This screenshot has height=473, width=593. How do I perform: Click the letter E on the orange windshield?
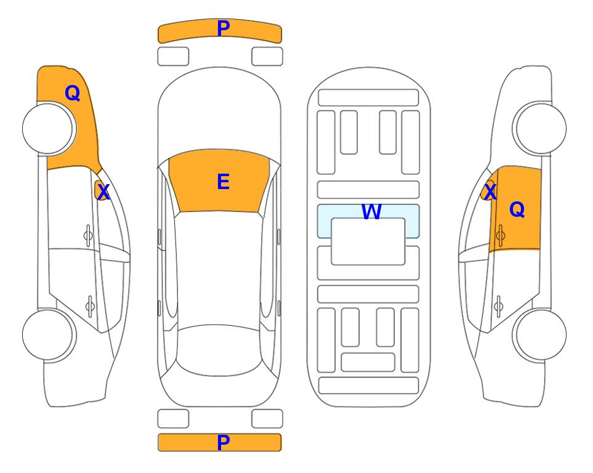[223, 182]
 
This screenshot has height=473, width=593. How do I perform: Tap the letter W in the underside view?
[371, 211]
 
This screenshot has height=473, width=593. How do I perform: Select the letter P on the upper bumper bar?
[224, 28]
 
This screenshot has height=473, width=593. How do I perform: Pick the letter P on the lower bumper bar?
[224, 442]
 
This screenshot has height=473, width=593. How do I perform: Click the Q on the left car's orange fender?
[73, 93]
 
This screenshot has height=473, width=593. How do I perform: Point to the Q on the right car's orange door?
[517, 209]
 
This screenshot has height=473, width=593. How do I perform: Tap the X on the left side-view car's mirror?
[103, 192]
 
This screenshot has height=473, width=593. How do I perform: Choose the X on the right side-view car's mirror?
[490, 192]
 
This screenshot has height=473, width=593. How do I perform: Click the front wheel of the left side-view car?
[49, 129]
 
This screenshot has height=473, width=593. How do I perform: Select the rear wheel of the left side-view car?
[49, 335]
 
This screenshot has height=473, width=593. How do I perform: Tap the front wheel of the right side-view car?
[539, 128]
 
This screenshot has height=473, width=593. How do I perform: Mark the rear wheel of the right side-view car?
[539, 334]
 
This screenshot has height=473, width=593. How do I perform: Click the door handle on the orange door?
[500, 235]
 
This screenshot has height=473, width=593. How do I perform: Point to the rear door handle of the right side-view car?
[498, 305]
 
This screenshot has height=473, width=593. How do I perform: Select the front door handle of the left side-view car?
[88, 235]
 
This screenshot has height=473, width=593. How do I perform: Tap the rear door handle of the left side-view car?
[90, 305]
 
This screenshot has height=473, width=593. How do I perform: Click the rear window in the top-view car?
[219, 350]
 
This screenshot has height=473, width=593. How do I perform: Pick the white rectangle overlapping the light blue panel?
[368, 241]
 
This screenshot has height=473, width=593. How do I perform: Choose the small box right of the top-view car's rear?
[267, 419]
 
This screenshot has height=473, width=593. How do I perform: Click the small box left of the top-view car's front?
[173, 57]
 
